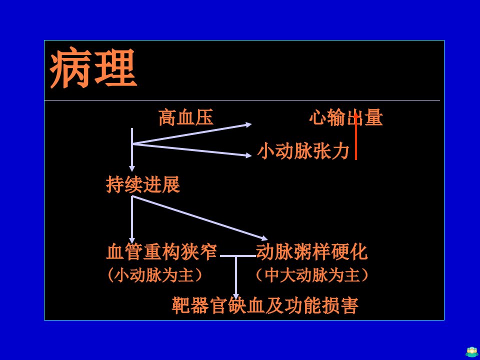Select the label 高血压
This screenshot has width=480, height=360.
click(x=186, y=117)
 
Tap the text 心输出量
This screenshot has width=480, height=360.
click(x=346, y=117)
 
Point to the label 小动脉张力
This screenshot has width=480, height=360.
click(x=303, y=151)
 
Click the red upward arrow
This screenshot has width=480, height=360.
click(x=355, y=135)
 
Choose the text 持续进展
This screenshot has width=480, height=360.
click(x=143, y=184)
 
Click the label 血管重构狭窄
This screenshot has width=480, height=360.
click(x=161, y=251)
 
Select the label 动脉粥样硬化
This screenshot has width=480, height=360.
click(x=311, y=251)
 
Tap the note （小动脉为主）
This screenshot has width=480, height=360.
click(x=154, y=274)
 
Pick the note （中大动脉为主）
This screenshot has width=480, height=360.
click(x=312, y=274)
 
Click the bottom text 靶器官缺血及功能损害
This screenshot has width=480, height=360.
click(x=265, y=305)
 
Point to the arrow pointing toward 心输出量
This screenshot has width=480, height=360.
click(x=192, y=134)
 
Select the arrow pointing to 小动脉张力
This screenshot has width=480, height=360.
click(x=192, y=149)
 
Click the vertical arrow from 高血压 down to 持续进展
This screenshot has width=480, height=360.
click(x=132, y=149)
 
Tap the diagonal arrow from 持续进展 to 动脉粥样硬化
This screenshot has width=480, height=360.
click(x=200, y=218)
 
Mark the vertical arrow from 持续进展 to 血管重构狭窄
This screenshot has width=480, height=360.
click(x=132, y=219)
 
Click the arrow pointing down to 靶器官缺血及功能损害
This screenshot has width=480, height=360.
click(x=235, y=278)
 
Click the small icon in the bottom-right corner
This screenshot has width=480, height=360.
click(x=471, y=351)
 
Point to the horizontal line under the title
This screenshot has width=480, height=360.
click(x=242, y=100)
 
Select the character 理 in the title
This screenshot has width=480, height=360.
click(x=115, y=67)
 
